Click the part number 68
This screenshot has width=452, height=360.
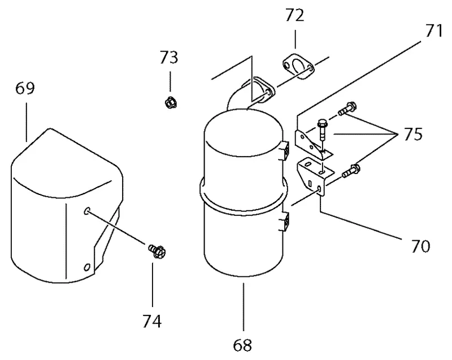click(242, 345)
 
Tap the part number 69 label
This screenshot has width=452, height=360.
click(25, 88)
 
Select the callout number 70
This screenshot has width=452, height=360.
click(421, 246)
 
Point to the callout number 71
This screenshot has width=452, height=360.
click(433, 31)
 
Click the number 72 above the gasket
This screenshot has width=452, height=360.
click(295, 16)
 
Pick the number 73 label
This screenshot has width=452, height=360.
click(169, 57)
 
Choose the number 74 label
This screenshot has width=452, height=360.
click(152, 321)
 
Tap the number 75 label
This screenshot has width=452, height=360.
click(413, 134)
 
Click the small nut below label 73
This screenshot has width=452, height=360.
click(171, 103)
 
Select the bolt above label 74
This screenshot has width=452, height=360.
click(157, 251)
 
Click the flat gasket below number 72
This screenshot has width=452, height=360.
click(298, 67)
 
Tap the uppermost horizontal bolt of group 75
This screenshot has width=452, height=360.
click(347, 109)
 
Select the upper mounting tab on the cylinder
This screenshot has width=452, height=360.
click(285, 151)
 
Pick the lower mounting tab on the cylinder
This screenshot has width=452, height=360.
click(285, 222)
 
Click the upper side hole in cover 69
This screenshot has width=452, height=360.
click(87, 211)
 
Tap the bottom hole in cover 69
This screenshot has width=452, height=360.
click(87, 267)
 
